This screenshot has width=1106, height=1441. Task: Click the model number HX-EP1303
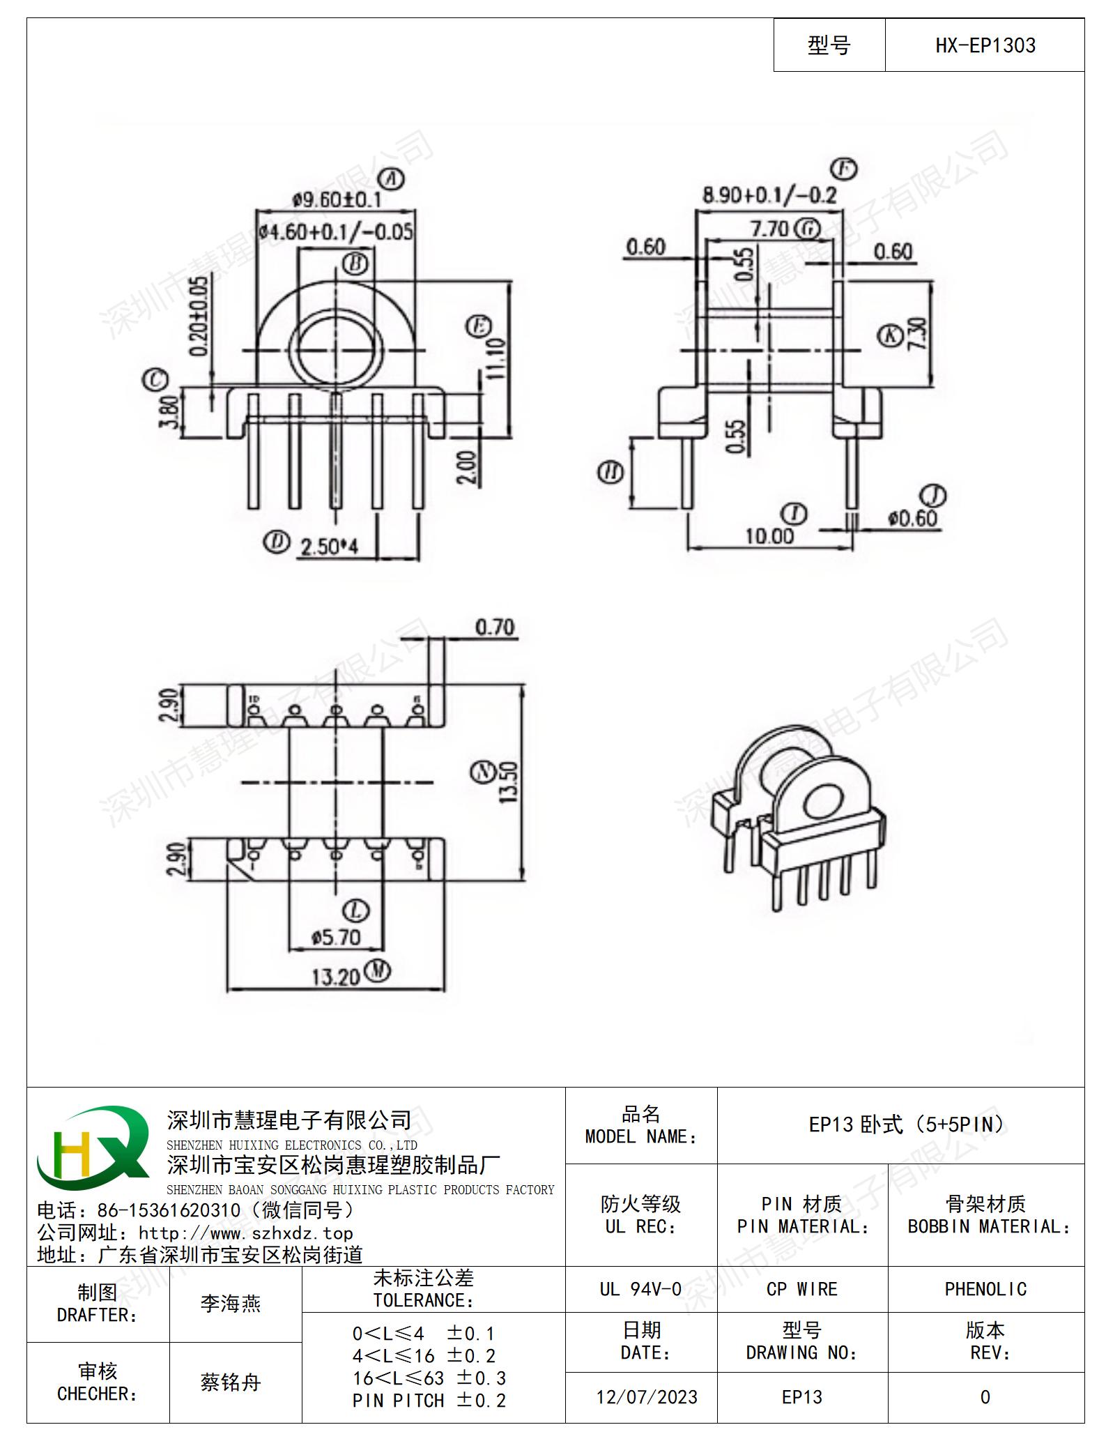click(x=985, y=46)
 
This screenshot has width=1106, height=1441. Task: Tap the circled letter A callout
click(x=394, y=179)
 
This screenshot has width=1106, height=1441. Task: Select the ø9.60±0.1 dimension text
click(x=337, y=200)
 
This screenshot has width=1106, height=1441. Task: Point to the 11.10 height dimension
click(x=496, y=358)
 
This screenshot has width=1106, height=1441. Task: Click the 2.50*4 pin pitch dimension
click(x=329, y=546)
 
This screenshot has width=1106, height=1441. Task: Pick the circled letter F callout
click(x=845, y=169)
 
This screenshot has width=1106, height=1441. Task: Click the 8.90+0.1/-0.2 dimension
click(x=769, y=195)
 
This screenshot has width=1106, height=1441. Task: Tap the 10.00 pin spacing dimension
click(x=769, y=535)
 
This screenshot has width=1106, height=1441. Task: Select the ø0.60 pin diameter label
click(x=912, y=518)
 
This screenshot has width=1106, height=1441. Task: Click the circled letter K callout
click(x=890, y=335)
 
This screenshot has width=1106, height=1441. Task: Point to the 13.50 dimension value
click(x=509, y=782)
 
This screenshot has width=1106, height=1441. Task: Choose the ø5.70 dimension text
click(x=336, y=938)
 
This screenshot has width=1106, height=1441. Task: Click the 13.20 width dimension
click(x=335, y=977)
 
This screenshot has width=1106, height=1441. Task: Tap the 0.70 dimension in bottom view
click(x=495, y=627)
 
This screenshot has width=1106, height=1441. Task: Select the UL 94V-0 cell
click(x=640, y=1289)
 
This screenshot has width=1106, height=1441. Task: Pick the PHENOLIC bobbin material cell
click(x=985, y=1289)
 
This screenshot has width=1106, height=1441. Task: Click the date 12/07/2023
click(x=647, y=1397)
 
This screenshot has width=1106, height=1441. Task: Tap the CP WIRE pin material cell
click(x=802, y=1289)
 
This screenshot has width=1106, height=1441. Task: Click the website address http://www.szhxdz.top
click(x=246, y=1233)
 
